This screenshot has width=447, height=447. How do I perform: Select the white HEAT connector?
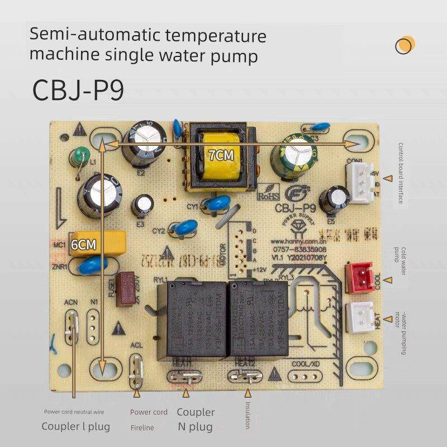pos(359,316)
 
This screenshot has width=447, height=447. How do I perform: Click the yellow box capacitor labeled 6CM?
pos(96,244)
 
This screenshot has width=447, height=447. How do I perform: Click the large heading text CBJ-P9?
pos(78,89)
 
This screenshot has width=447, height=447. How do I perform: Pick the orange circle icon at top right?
pos(405,45)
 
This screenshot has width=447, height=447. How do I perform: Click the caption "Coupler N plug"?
pos(196,419)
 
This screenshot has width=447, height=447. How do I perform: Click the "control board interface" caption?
pos(401,173)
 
